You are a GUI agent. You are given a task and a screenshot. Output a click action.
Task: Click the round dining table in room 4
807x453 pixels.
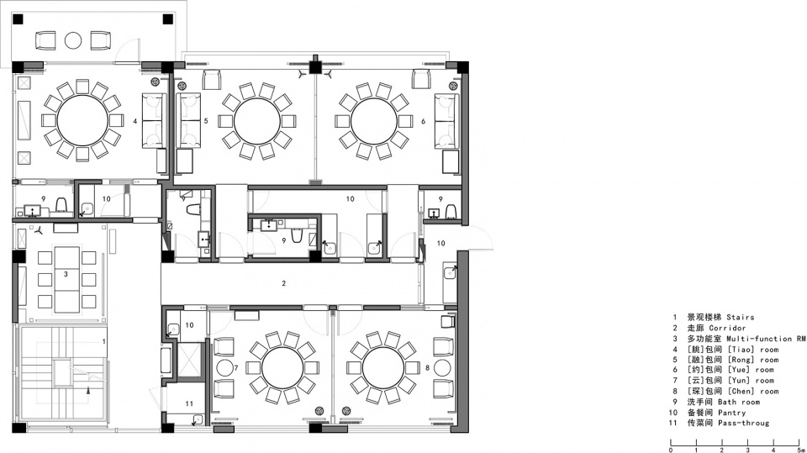click(83, 120)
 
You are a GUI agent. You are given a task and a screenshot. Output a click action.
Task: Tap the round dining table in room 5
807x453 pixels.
click(257, 122)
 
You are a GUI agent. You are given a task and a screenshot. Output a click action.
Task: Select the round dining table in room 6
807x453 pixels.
click(374, 122)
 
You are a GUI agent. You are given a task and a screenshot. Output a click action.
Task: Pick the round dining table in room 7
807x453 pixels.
click(282, 368)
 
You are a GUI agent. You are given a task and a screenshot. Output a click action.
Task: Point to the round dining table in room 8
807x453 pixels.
click(383, 368)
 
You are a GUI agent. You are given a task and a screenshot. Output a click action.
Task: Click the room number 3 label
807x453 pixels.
click(66, 274)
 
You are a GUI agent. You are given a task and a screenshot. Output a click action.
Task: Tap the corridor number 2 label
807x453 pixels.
click(283, 283)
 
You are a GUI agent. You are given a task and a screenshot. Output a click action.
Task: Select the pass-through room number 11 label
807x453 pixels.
click(189, 403)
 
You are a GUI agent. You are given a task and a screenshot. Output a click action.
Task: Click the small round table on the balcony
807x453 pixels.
click(73, 40)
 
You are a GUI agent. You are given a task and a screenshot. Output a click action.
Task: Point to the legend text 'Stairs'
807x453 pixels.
click(740, 317)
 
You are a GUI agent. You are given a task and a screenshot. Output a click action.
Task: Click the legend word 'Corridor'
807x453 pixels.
click(727, 328)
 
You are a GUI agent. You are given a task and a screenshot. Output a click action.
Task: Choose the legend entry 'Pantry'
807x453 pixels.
click(731, 413)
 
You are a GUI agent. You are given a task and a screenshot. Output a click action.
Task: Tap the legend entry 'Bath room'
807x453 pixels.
click(739, 402)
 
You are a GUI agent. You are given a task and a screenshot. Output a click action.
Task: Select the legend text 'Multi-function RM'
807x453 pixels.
click(766, 339)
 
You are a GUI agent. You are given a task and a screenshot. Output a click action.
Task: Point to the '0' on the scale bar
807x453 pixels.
click(671, 450)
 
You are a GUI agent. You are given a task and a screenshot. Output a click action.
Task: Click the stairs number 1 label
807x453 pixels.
click(104, 341)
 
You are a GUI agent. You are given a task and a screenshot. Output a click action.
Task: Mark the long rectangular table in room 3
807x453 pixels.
click(66, 280)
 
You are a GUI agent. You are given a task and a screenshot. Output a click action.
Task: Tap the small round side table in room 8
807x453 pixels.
click(443, 368)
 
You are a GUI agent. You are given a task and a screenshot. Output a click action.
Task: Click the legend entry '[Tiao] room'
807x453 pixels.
click(752, 350)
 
